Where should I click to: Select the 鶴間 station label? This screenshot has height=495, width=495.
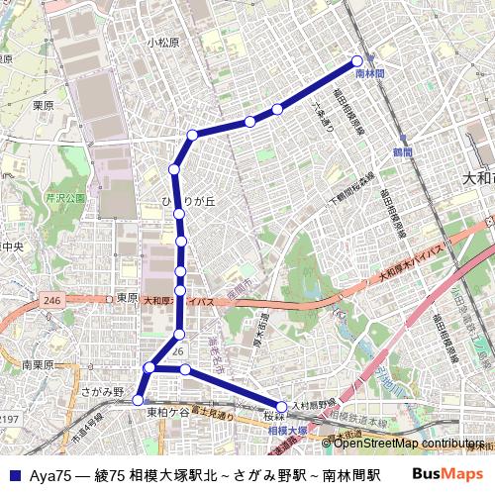402,152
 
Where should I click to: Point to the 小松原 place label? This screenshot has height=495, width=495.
163,43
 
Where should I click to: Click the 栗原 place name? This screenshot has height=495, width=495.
42,105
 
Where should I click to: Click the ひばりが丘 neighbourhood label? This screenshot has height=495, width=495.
188,202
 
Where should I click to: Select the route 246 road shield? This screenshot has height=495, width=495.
52,300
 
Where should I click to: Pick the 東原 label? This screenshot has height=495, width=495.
126,297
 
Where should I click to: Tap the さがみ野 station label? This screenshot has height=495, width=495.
102,392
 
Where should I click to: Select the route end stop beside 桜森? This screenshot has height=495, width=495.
282,406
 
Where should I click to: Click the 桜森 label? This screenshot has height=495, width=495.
274,417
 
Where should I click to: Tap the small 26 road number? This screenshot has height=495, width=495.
178,350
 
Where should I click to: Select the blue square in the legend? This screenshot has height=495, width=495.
15,475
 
